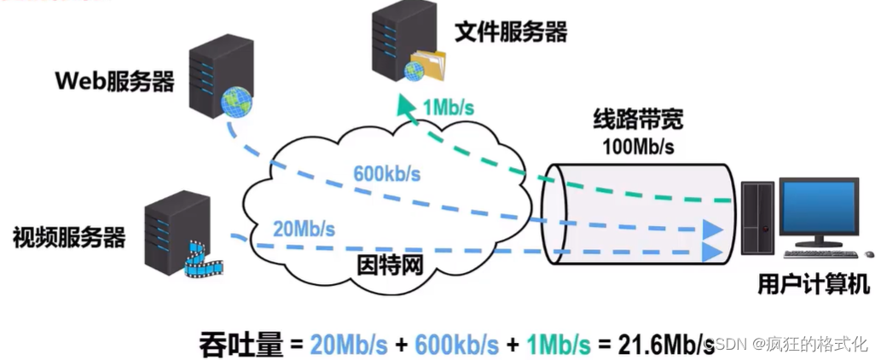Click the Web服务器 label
coord(115,82)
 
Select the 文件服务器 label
coord(510,32)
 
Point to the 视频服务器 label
coord(68,236)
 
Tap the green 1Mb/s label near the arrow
coord(449,108)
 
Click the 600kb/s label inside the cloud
coord(386,174)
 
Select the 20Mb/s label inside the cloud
coord(304,229)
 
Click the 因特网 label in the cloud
coord(389,264)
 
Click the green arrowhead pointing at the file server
coord(405,104)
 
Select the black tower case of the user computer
coord(757,222)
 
